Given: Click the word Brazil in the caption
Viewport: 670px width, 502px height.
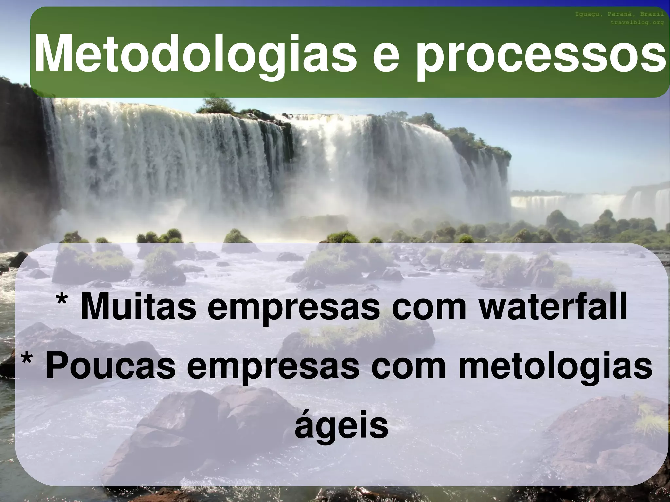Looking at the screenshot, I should pos(652,14).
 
